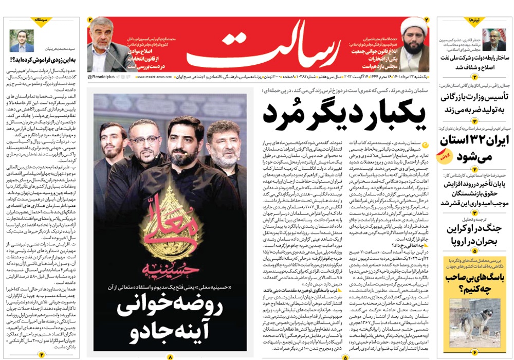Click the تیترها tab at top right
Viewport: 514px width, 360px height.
tap(473, 21)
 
